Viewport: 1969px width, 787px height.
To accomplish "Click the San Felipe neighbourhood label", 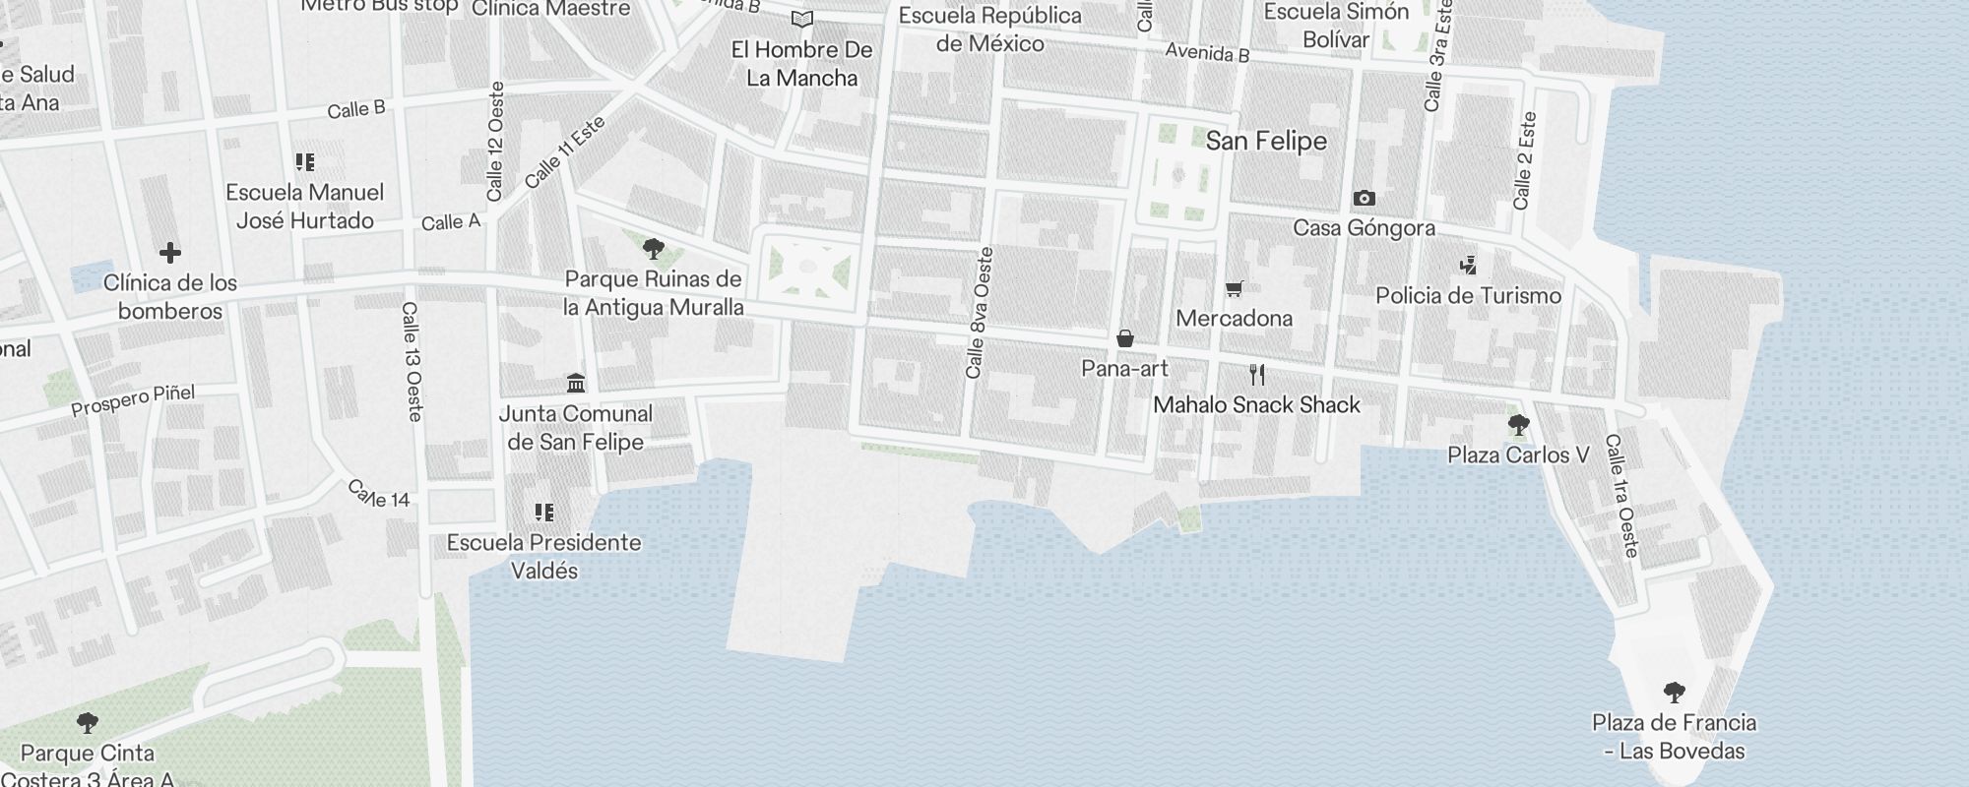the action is [x=1266, y=142].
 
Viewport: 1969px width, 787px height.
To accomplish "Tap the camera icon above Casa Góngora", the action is [x=1364, y=199].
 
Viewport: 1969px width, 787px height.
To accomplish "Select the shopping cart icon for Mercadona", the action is [x=1234, y=288].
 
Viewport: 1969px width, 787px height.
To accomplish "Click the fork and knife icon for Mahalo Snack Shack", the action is [x=1256, y=375].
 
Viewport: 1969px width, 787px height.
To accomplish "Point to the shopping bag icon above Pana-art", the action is [x=1124, y=339].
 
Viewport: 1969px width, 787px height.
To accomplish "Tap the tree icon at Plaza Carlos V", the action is [x=1518, y=426].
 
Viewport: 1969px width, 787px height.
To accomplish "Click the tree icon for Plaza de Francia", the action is [x=1674, y=693].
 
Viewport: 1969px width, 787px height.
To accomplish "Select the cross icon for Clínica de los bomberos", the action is [x=169, y=253].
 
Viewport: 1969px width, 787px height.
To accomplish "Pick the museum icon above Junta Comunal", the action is [x=576, y=383].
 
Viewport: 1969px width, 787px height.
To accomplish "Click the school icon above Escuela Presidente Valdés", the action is [x=543, y=513].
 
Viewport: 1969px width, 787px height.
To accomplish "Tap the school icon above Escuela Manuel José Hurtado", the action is [x=304, y=162].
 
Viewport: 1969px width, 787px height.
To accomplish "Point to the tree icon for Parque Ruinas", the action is [x=653, y=248].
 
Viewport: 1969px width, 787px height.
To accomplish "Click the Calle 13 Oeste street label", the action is [x=413, y=362].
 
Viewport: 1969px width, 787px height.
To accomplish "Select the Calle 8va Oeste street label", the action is [x=980, y=314].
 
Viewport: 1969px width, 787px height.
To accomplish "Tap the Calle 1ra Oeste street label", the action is [x=1621, y=496].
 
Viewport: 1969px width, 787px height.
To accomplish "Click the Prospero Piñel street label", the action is [x=133, y=400].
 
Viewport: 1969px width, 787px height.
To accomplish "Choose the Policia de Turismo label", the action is [x=1468, y=296].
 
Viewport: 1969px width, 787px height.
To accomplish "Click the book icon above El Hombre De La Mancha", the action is [x=802, y=20].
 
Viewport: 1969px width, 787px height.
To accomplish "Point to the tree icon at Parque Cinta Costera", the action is [x=87, y=723].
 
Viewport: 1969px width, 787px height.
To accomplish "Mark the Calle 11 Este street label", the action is [x=564, y=152].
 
